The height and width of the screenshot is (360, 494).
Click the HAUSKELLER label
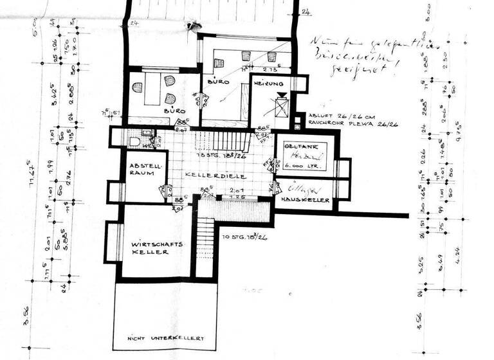pyautogui.click(x=305, y=200)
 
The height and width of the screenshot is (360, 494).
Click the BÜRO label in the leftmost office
pyautogui.click(x=174, y=111)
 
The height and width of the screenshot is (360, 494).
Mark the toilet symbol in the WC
pyautogui.click(x=134, y=140)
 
